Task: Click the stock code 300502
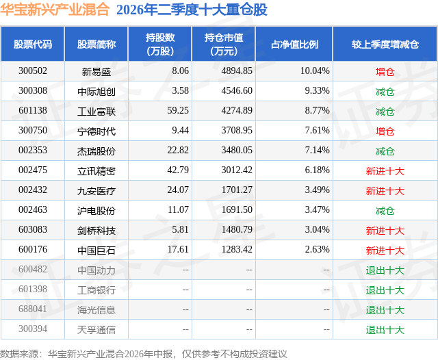point(33,71)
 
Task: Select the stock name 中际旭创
point(96,91)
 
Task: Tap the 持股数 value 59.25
point(178,111)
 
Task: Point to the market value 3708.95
point(237,131)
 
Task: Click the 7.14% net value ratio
point(318,151)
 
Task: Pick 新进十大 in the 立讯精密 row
point(385,171)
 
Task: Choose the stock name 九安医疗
point(96,191)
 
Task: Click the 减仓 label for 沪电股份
point(385,211)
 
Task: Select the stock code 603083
point(33,229)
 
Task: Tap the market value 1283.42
point(237,249)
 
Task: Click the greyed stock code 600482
point(33,269)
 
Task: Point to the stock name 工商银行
point(96,290)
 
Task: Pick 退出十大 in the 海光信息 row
point(385,310)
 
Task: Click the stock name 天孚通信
point(96,330)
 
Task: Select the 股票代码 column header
point(33,44)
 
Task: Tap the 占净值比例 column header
point(294,44)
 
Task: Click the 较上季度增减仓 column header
point(385,44)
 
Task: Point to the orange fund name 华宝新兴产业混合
point(55,10)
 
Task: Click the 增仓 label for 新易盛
point(385,72)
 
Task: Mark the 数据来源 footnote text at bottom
point(144,354)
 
